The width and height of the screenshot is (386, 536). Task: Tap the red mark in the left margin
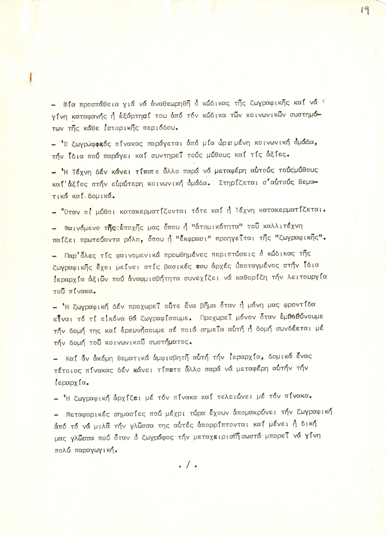[30, 80]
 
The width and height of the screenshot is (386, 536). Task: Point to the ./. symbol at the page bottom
[188, 465]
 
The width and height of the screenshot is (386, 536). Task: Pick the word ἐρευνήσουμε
[153, 331]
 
